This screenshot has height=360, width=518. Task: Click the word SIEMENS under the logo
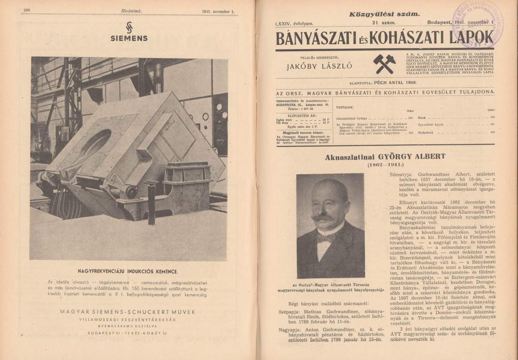(129, 38)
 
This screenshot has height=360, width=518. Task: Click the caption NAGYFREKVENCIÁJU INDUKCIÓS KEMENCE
(128, 271)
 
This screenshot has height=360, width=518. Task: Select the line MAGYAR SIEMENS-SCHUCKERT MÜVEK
(127, 311)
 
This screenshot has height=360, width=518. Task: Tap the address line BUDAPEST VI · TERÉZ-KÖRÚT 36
(127, 333)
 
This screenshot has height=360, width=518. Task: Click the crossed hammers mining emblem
(384, 63)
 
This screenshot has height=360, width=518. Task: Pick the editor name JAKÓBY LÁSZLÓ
(320, 67)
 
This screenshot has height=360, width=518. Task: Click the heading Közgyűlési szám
(384, 14)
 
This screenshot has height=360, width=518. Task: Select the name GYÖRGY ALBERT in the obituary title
(417, 157)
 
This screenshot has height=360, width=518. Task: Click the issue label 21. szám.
(383, 22)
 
